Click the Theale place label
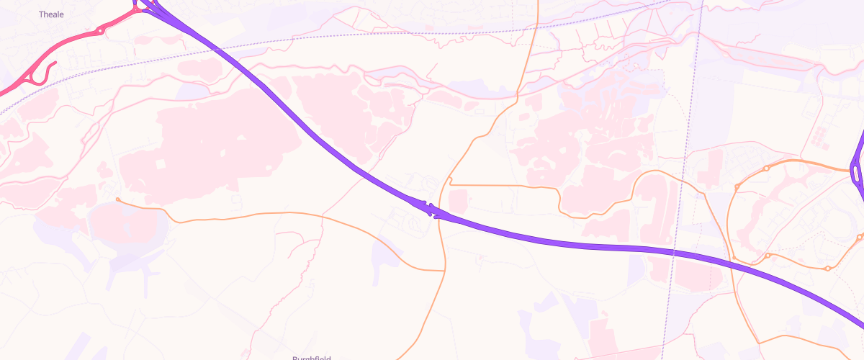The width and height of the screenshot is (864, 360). [51, 14]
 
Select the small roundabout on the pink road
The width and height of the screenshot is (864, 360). [100, 30]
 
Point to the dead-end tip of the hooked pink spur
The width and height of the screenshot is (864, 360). [55, 63]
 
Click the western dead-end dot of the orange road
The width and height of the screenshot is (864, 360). [117, 199]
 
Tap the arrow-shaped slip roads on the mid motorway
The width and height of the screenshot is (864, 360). [430, 210]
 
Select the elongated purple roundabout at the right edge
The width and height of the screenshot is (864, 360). [855, 173]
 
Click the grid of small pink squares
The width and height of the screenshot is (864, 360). [822, 135]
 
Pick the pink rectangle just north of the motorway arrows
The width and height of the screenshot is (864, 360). [458, 198]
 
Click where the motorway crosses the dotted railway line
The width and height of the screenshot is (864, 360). [223, 48]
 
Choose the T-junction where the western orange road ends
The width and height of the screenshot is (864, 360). [444, 271]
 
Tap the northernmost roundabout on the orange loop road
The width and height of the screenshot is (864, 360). [768, 168]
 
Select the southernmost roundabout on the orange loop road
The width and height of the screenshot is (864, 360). [828, 269]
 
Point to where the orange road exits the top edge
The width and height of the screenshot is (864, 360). [537, 1]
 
